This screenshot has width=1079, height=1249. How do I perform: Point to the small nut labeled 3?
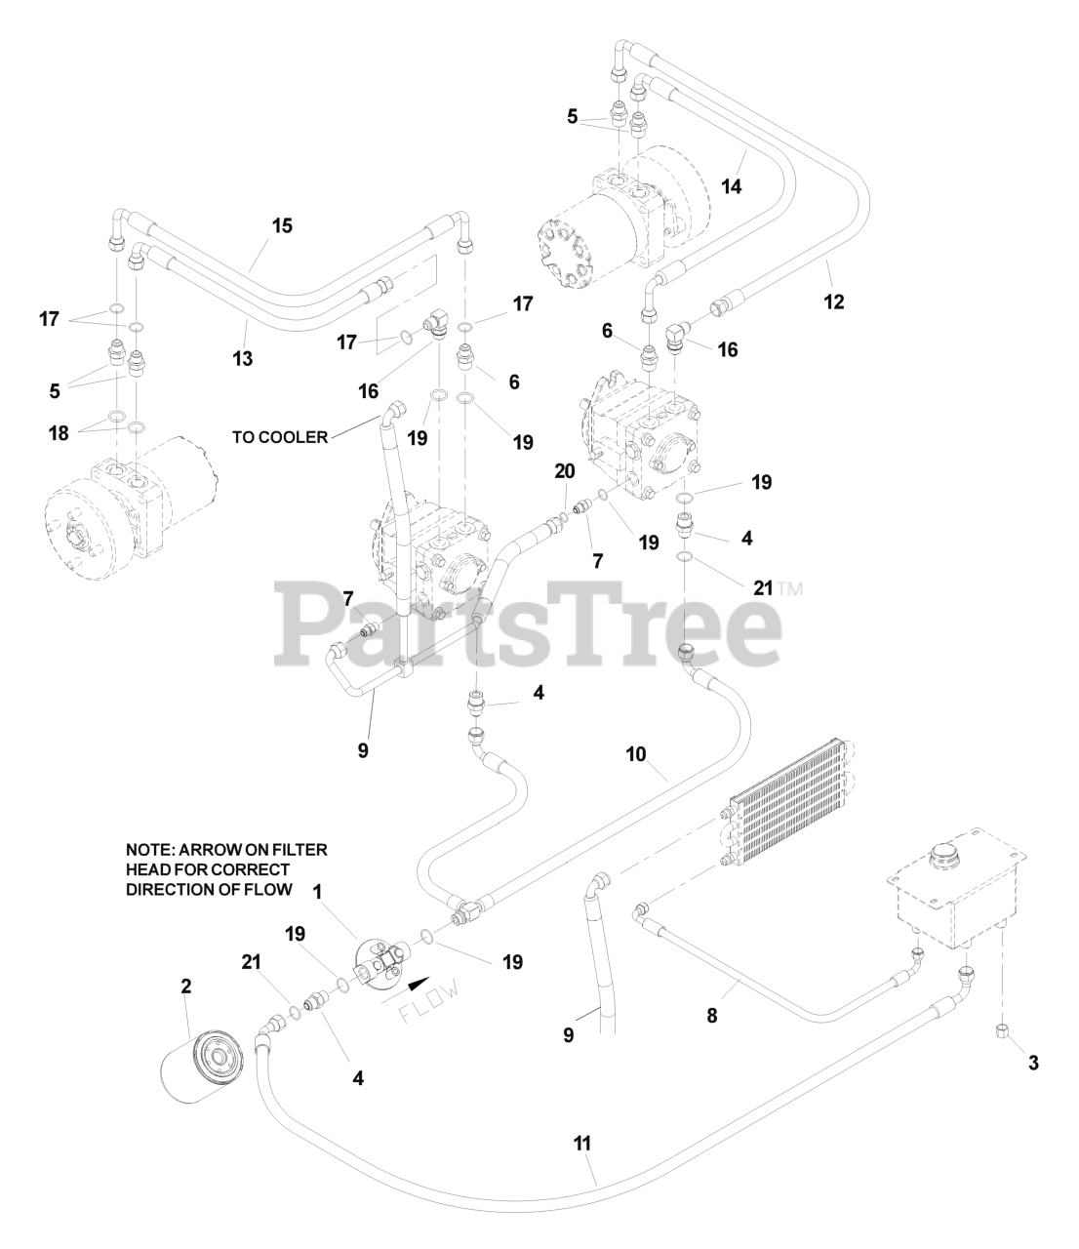[x=1002, y=1031]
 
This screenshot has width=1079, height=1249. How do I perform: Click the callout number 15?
[x=282, y=225]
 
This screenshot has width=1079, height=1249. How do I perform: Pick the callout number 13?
[x=243, y=359]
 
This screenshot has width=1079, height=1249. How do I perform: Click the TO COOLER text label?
[x=280, y=437]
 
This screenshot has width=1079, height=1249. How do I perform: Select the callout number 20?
[x=564, y=471]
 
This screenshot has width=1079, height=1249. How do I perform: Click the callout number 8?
[x=712, y=1016]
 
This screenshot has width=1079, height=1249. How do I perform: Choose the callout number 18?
[x=60, y=433]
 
